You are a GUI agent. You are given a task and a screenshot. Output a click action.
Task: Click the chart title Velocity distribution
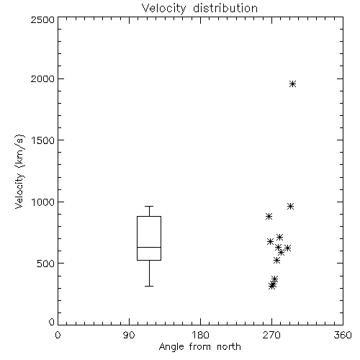pos(199,8)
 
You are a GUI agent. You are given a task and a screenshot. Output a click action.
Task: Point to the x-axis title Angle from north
pos(199,346)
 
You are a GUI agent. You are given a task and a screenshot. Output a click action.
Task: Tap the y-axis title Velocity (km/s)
pos(19,171)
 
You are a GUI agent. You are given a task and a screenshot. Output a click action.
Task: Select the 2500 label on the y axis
pos(42,19)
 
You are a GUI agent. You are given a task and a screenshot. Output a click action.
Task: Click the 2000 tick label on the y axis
pos(42,78)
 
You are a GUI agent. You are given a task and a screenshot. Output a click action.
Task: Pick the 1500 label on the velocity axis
pos(43,140)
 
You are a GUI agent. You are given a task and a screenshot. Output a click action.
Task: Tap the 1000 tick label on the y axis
pos(43,202)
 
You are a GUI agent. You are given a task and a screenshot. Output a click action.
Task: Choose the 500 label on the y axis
pos(46,264)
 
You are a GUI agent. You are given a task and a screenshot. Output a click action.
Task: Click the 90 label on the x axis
pos(129,335)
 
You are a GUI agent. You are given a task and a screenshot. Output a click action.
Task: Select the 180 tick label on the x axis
pos(200,335)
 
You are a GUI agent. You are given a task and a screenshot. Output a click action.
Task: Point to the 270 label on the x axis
pos(271,335)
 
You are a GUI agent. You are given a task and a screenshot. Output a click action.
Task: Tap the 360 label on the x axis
pos(343,335)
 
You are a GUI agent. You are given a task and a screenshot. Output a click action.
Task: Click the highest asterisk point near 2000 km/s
pos(292,84)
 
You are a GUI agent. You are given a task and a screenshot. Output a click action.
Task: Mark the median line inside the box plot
pos(149,247)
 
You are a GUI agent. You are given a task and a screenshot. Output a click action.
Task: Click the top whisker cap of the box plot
pos(149,206)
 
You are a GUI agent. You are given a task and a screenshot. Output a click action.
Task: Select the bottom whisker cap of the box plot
pos(149,286)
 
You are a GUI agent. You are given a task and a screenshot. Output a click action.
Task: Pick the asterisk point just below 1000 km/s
pos(290,207)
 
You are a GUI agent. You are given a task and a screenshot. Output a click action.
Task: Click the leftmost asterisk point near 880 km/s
pos(269,217)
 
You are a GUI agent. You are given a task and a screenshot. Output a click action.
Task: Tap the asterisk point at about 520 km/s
pos(276,261)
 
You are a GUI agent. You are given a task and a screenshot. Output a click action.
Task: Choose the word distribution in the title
pos(225,8)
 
